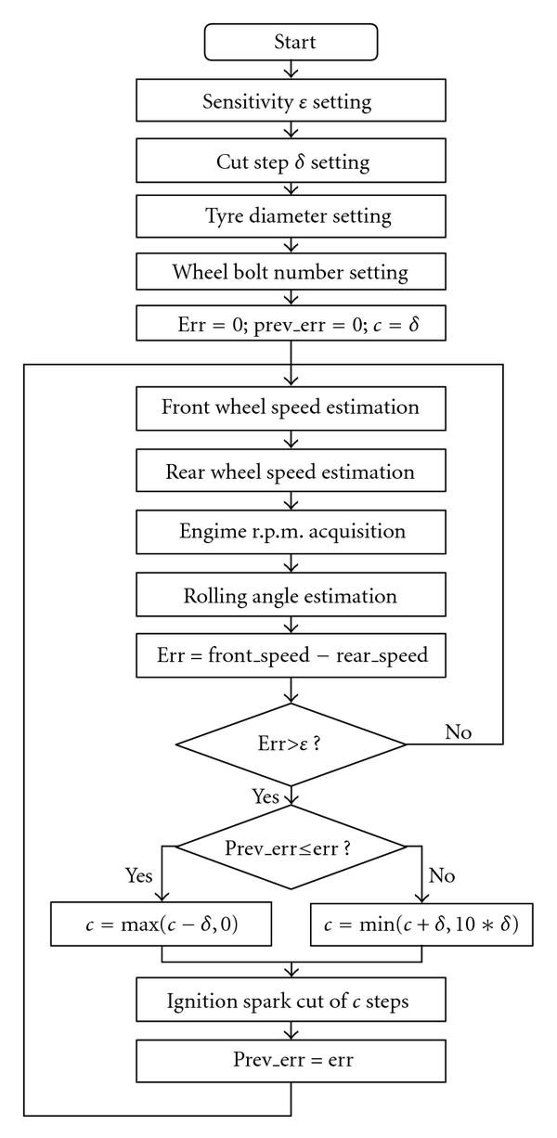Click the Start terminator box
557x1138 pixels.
click(x=291, y=43)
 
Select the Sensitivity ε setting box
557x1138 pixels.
click(x=291, y=103)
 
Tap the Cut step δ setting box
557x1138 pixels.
click(x=291, y=162)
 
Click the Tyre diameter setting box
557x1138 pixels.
click(x=291, y=216)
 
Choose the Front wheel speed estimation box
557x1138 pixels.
click(x=291, y=407)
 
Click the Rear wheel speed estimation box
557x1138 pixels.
click(x=291, y=472)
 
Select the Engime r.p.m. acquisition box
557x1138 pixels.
click(x=291, y=534)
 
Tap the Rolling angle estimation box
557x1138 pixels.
click(x=291, y=595)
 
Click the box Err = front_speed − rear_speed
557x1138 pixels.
click(x=291, y=655)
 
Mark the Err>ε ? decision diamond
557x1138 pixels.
click(x=291, y=744)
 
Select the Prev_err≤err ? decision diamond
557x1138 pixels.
click(x=291, y=847)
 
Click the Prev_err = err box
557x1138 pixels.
click(x=291, y=1057)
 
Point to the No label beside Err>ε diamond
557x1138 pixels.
click(x=459, y=732)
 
